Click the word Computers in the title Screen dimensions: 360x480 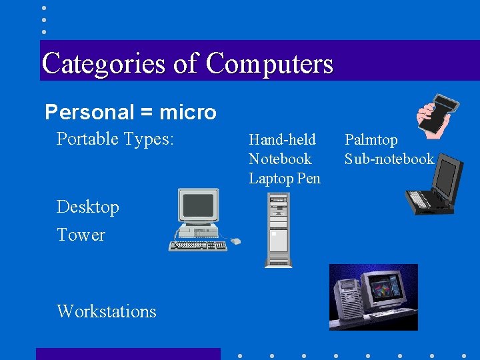tap(269, 64)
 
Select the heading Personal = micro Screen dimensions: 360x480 tap(131, 112)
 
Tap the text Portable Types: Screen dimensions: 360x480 tap(115, 139)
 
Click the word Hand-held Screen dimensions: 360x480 tap(282, 139)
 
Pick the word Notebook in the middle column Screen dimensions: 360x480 tap(280, 159)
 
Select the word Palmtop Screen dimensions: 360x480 tap(371, 139)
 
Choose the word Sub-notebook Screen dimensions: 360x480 tap(389, 159)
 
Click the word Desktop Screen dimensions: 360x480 tap(88, 207)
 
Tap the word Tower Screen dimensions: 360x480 tap(81, 235)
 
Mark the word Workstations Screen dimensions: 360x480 tap(107, 311)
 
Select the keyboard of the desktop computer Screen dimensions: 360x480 tap(197, 245)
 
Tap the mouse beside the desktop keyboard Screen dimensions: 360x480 tap(235, 241)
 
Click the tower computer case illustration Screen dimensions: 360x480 tap(278, 230)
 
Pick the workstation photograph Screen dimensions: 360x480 tap(373, 297)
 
